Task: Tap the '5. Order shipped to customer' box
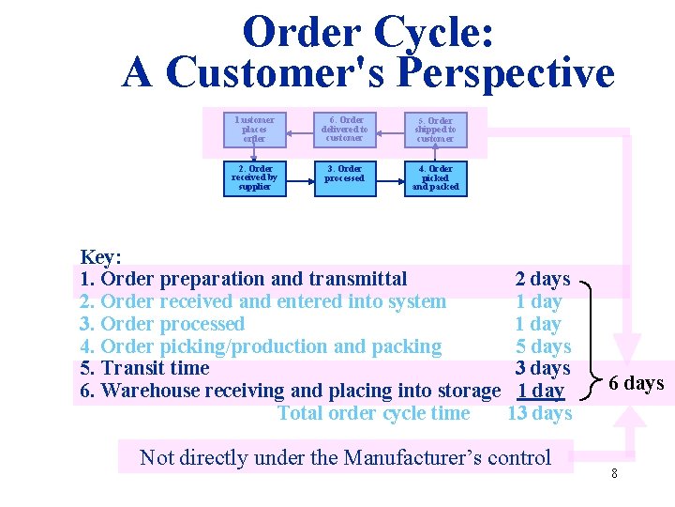434,130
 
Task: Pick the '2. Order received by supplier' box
254,177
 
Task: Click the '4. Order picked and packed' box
434,177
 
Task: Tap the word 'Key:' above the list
101,256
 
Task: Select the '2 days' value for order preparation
542,279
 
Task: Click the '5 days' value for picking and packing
543,346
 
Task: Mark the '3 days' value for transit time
543,368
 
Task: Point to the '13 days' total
539,413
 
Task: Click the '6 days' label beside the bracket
636,383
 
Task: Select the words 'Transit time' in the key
155,368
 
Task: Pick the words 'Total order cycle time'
373,413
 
